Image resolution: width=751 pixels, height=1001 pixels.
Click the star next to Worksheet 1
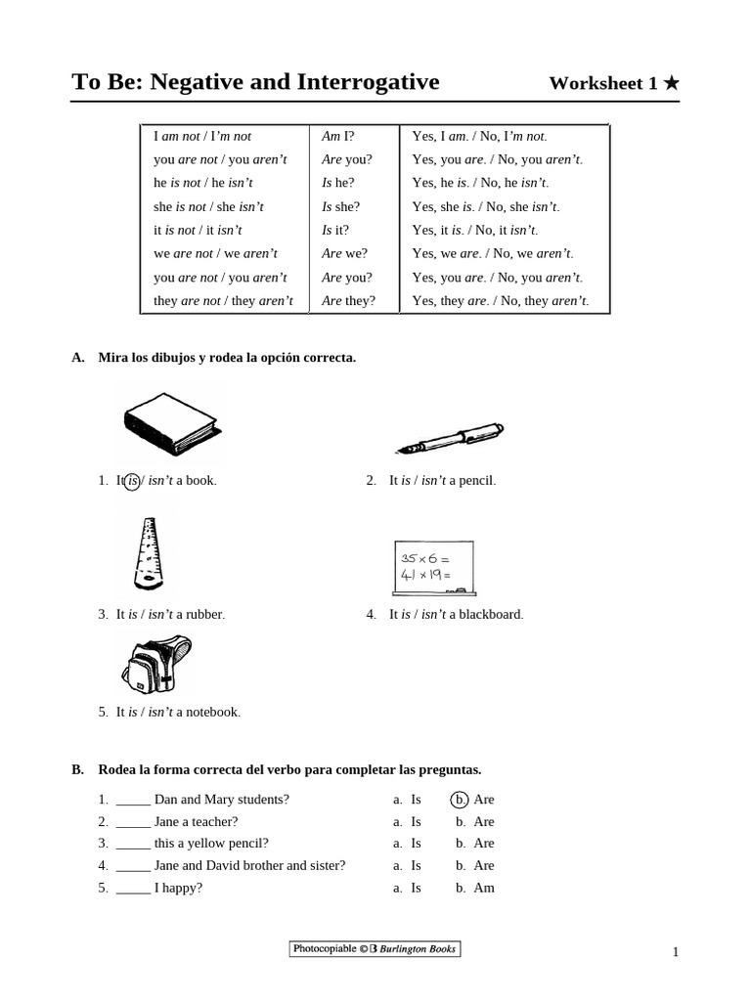671,83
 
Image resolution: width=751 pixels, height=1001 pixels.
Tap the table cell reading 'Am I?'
337,136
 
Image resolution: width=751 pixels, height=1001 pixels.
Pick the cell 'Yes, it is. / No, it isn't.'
475,230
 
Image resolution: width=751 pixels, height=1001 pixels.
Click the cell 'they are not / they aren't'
223,300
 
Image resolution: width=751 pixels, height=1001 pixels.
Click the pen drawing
450,438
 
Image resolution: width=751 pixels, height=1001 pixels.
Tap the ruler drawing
148,554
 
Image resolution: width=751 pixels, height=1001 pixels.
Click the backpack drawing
156,664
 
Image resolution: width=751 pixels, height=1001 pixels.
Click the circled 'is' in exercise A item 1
132,480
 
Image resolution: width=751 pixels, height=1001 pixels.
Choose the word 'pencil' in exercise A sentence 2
476,480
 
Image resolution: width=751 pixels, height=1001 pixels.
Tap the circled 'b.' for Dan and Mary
460,799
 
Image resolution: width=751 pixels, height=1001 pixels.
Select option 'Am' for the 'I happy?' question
484,888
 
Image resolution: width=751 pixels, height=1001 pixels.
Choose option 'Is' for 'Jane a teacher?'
416,821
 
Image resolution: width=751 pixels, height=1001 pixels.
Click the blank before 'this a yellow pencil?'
133,844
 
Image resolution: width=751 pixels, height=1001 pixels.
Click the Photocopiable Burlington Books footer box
375,948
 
